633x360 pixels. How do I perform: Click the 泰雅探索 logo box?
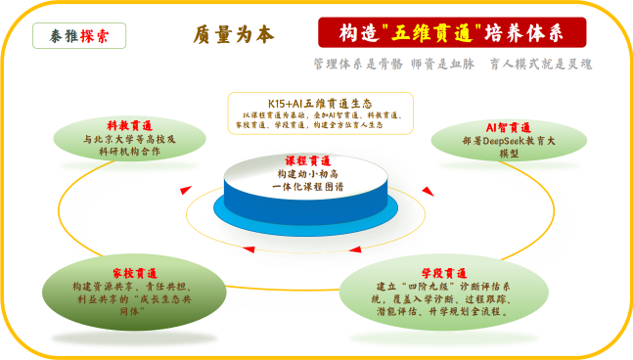tap(78, 35)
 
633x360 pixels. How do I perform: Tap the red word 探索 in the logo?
tap(95, 35)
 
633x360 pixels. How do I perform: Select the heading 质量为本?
tap(235, 34)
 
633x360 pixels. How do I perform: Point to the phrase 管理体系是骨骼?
tap(352, 64)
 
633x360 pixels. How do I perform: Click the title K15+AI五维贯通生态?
tap(320, 103)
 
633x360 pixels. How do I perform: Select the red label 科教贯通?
tap(129, 126)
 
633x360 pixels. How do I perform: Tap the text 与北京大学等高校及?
tap(129, 140)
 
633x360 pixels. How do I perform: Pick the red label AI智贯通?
tap(508, 127)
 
